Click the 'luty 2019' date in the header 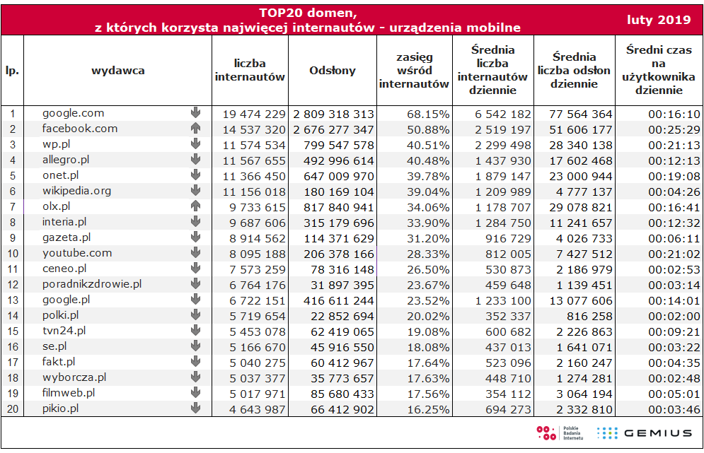pyautogui.click(x=659, y=20)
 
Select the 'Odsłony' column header pyautogui.click(x=333, y=71)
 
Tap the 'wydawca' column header pyautogui.click(x=118, y=71)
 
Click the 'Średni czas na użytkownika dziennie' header pyautogui.click(x=659, y=70)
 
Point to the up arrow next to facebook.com pyautogui.click(x=195, y=129)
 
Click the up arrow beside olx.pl pyautogui.click(x=195, y=206)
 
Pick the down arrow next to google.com pyautogui.click(x=195, y=112)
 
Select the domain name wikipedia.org pyautogui.click(x=77, y=191)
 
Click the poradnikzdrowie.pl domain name pyautogui.click(x=92, y=284)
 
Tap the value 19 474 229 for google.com pyautogui.click(x=254, y=114)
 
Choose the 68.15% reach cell pyautogui.click(x=428, y=114)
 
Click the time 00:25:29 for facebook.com pyautogui.click(x=674, y=130)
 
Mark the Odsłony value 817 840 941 pyautogui.click(x=339, y=208)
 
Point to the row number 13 pyautogui.click(x=13, y=300)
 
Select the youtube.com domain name pyautogui.click(x=77, y=253)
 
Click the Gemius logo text pyautogui.click(x=658, y=433)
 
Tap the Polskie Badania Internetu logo pyautogui.click(x=560, y=433)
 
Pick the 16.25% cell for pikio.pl pyautogui.click(x=428, y=410)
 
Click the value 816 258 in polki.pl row pyautogui.click(x=589, y=317)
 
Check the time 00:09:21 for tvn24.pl pyautogui.click(x=674, y=332)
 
